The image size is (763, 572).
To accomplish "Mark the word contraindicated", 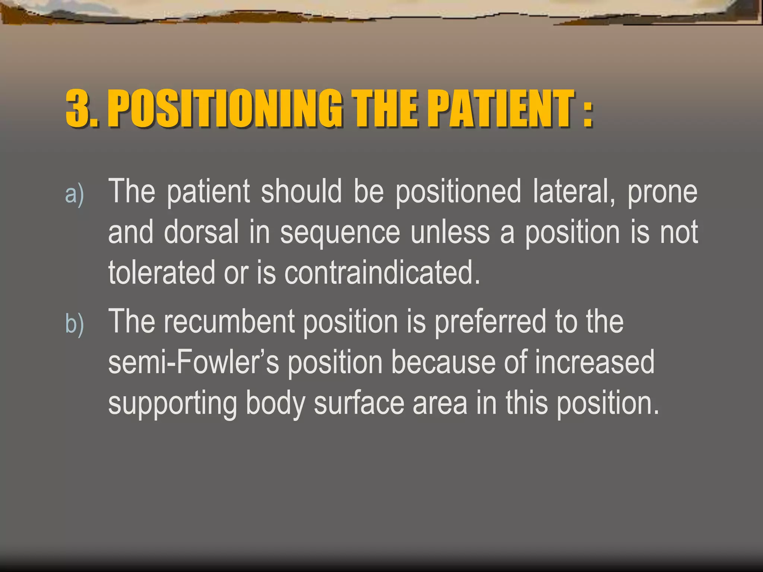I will tap(382, 273).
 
